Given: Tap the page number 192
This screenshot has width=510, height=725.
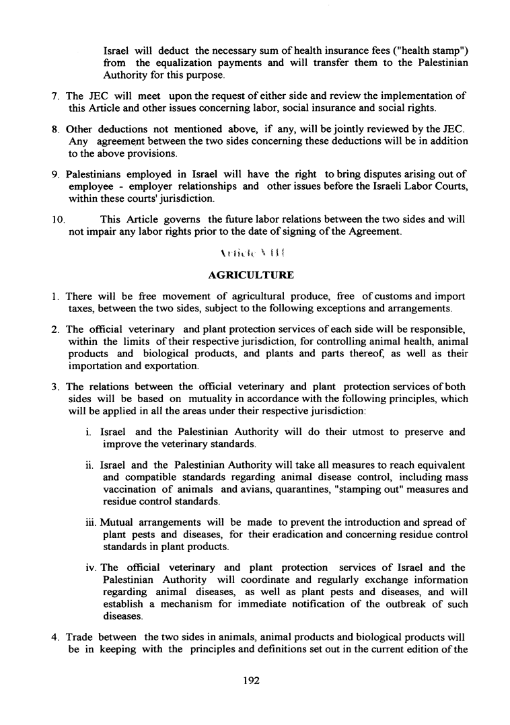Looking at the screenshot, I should tap(251, 680).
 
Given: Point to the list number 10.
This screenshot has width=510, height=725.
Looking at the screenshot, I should tap(59, 219).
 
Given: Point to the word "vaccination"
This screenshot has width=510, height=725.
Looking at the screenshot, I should tap(131, 490).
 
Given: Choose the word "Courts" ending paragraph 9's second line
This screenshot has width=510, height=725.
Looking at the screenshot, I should tap(450, 187).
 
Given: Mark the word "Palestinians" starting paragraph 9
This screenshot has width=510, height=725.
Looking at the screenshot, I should tap(98, 175).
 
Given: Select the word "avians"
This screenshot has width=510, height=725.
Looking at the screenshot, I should tap(255, 490).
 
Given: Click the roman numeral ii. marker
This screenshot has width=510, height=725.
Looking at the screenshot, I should tap(92, 465).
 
